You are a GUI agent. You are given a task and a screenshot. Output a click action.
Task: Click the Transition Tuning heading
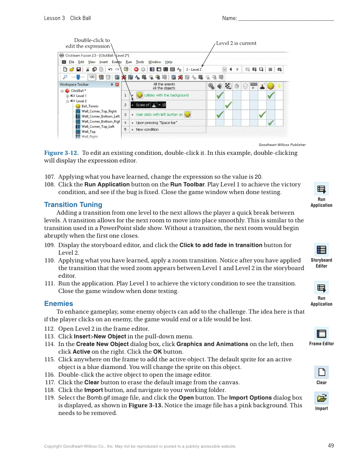click(x=73, y=204)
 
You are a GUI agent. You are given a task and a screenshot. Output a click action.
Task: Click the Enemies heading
click(x=59, y=303)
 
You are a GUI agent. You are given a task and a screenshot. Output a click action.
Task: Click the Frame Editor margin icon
click(x=321, y=333)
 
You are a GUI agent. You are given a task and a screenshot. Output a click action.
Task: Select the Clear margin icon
click(x=321, y=372)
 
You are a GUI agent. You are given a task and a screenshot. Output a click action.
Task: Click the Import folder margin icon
click(x=321, y=398)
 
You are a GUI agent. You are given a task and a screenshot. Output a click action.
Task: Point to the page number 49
click(x=331, y=445)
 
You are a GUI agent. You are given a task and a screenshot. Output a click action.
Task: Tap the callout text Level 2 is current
click(x=236, y=43)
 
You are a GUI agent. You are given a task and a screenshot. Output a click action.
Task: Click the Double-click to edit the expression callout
click(x=88, y=43)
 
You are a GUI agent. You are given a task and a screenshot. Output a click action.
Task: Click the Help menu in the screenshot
click(x=169, y=62)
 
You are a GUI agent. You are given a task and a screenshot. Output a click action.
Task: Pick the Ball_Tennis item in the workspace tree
click(x=90, y=106)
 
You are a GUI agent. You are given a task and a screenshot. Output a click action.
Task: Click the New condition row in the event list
click(x=147, y=130)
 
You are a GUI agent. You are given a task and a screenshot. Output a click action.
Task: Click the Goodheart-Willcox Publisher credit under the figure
click(x=282, y=145)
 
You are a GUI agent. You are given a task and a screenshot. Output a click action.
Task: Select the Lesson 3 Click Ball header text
click(x=67, y=18)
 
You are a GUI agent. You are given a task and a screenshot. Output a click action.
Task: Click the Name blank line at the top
click(x=286, y=19)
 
